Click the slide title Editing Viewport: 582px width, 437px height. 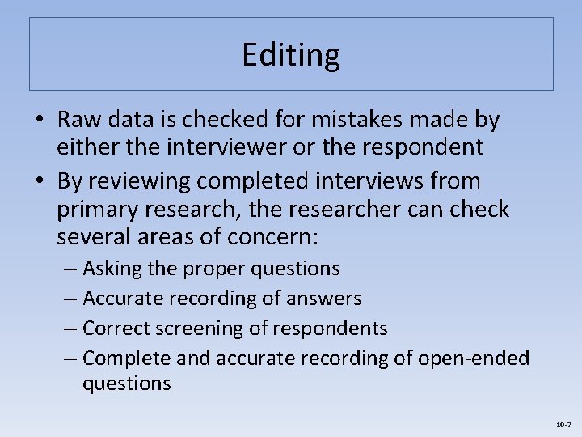tap(291, 55)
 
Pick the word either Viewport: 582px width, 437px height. tap(84, 146)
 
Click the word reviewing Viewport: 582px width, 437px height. tap(141, 180)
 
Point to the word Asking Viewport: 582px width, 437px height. tap(113, 268)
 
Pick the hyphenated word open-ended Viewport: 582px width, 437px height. tap(473, 358)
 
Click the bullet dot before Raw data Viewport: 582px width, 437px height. tap(40, 121)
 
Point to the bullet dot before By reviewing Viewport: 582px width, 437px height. tap(40, 181)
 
